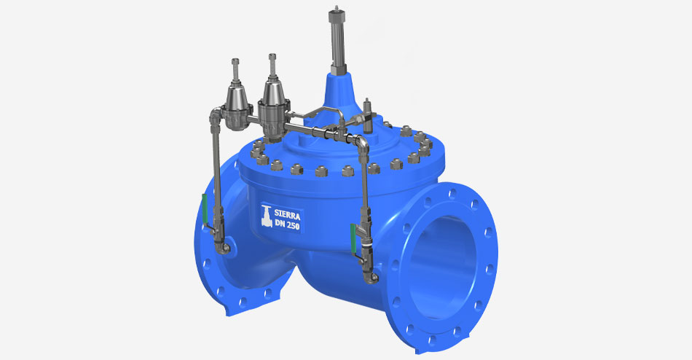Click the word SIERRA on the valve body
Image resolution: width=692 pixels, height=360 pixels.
287,215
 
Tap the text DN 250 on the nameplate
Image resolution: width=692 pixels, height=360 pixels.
287,225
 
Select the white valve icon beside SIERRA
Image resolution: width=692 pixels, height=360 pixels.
267,216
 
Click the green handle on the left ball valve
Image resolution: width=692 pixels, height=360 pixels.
205,208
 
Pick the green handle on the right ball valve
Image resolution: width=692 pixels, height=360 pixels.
353,238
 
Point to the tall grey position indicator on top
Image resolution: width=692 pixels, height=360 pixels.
337,41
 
